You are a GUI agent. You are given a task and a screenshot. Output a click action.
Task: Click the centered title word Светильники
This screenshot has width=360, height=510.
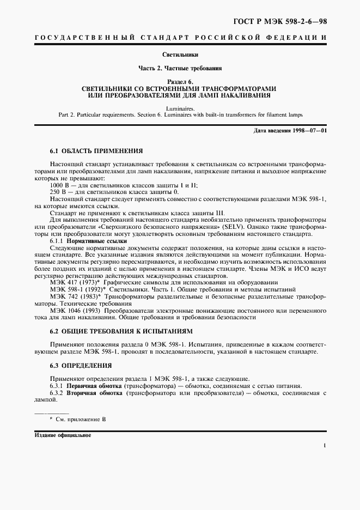[x=180, y=55]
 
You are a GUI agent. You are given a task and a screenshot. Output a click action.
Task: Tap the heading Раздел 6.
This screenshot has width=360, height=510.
[x=180, y=82]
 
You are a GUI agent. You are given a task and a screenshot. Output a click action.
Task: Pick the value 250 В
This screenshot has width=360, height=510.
[x=57, y=193]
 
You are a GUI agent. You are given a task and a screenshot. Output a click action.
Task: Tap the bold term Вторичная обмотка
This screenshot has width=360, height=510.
[x=93, y=392]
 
